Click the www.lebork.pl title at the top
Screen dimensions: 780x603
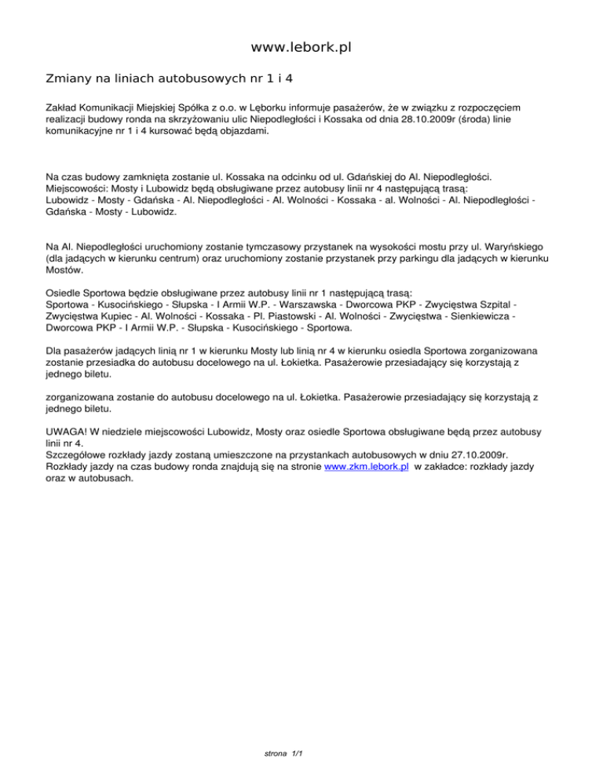coord(301,48)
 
